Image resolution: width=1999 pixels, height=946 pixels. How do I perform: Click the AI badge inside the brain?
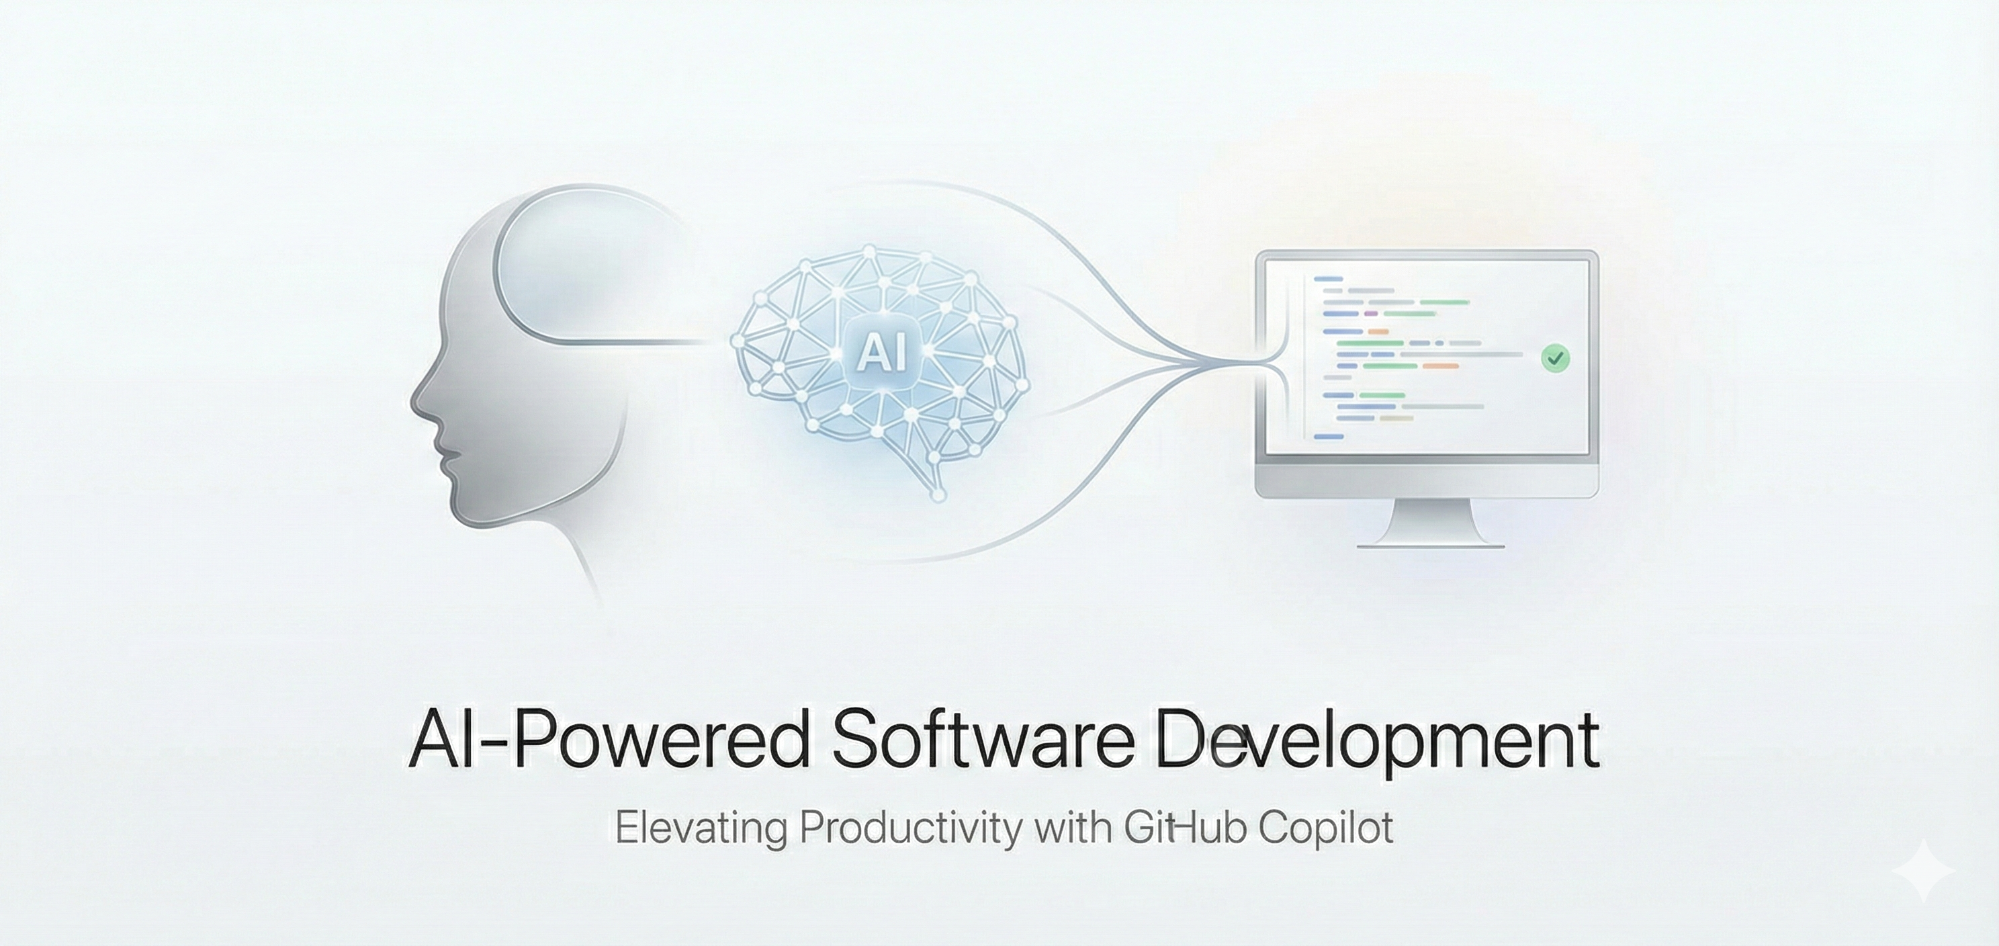(880, 354)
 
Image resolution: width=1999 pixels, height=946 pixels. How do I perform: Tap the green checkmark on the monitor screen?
(1554, 357)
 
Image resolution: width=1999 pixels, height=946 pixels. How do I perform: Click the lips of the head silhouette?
(445, 458)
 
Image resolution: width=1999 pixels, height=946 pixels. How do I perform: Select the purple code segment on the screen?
(1370, 314)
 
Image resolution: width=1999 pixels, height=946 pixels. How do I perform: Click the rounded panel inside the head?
(574, 264)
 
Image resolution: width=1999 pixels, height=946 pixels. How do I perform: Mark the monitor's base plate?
(1431, 545)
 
